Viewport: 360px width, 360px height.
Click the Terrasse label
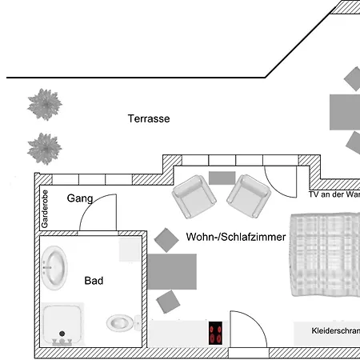pyautogui.click(x=149, y=118)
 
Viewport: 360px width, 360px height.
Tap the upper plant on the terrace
pyautogui.click(x=44, y=104)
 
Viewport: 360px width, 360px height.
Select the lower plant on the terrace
pyautogui.click(x=44, y=147)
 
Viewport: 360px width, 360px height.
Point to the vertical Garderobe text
pyautogui.click(x=45, y=209)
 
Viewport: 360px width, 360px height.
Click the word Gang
pyautogui.click(x=80, y=198)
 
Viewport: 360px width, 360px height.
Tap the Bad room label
pyautogui.click(x=94, y=281)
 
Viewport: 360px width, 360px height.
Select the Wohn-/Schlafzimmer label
pyautogui.click(x=236, y=238)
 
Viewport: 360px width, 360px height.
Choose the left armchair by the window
pyautogui.click(x=193, y=197)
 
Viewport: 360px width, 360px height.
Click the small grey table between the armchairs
pyautogui.click(x=222, y=178)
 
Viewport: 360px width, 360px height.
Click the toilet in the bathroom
pyautogui.click(x=120, y=323)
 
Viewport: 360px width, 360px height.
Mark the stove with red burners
pyautogui.click(x=215, y=333)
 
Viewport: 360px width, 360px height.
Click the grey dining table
pyautogui.click(x=171, y=271)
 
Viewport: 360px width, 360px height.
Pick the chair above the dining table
pyautogui.click(x=166, y=239)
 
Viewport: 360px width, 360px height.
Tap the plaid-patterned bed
pyautogui.click(x=325, y=255)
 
